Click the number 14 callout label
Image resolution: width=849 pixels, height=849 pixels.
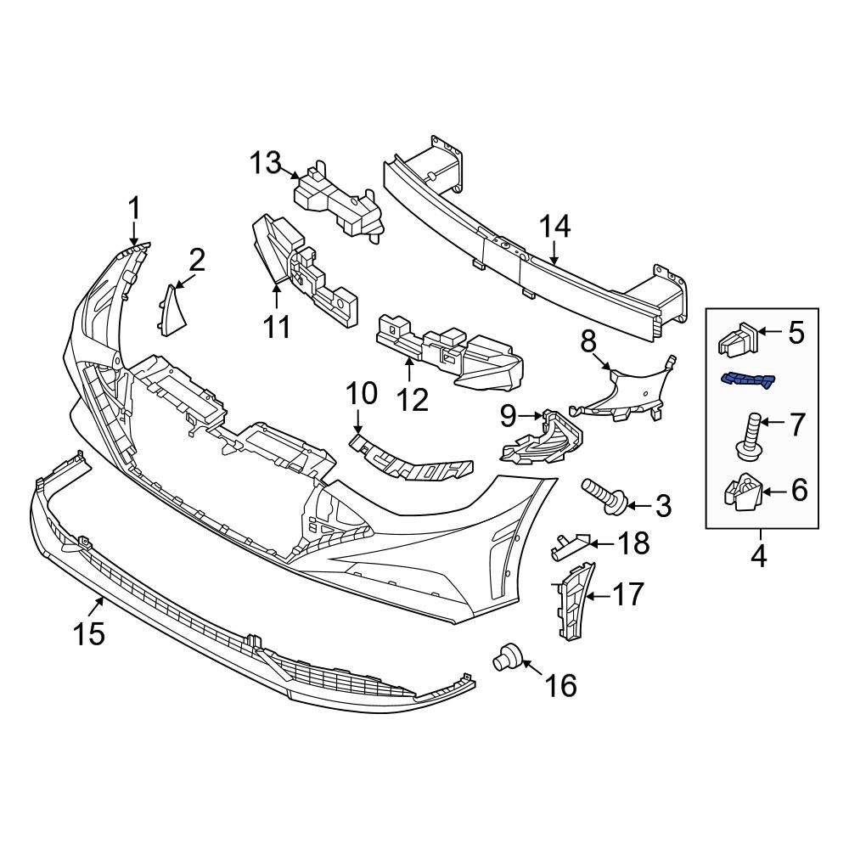click(x=556, y=227)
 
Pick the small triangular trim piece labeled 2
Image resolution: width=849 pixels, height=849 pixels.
click(x=173, y=309)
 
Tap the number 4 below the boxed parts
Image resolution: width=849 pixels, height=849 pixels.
click(x=758, y=557)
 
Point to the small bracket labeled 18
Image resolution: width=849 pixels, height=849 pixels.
click(x=567, y=545)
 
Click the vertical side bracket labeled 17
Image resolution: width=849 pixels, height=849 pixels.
click(x=572, y=599)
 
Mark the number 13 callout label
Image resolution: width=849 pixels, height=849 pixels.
click(x=265, y=161)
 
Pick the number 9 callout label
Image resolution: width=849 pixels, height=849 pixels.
click(x=508, y=416)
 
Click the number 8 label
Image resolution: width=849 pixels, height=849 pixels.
click(x=589, y=342)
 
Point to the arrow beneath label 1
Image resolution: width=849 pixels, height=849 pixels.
click(x=133, y=233)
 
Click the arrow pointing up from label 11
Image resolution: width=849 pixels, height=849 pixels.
click(x=277, y=297)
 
